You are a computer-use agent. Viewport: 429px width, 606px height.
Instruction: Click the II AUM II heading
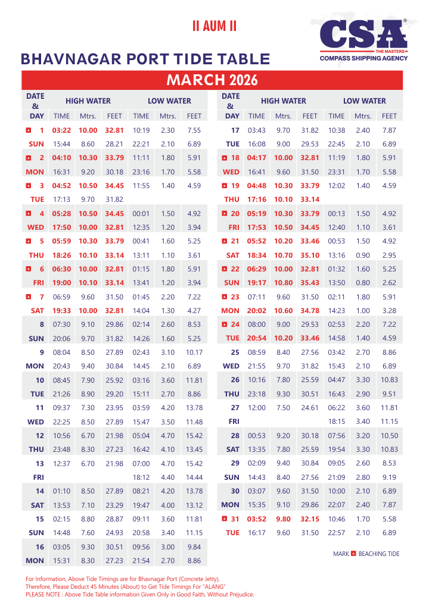coord(214,26)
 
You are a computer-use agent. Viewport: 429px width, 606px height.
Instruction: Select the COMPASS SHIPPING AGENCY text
coord(363,58)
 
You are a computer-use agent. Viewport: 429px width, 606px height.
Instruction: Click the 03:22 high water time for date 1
coord(62,130)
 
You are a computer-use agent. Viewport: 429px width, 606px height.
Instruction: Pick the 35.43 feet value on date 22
coord(310,283)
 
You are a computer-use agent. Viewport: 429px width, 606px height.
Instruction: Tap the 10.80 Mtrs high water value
coord(283,283)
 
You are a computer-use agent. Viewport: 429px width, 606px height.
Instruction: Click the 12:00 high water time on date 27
coord(257,408)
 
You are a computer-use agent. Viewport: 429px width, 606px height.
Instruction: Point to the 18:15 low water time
coord(337,421)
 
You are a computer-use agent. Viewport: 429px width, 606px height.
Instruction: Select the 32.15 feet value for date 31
coord(310,518)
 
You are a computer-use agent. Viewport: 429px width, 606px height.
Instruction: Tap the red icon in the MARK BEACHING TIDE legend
coord(353,554)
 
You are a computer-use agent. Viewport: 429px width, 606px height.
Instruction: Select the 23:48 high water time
coord(62,449)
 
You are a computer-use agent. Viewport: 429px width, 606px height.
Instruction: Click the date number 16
coord(40,546)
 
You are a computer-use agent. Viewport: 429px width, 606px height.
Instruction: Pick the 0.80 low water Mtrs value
coord(363,283)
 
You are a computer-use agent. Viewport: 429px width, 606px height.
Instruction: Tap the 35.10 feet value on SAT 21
coord(310,255)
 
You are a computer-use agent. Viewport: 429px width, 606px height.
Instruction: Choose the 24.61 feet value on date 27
coord(310,408)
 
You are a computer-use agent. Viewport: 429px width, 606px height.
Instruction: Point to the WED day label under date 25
coord(231,366)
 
